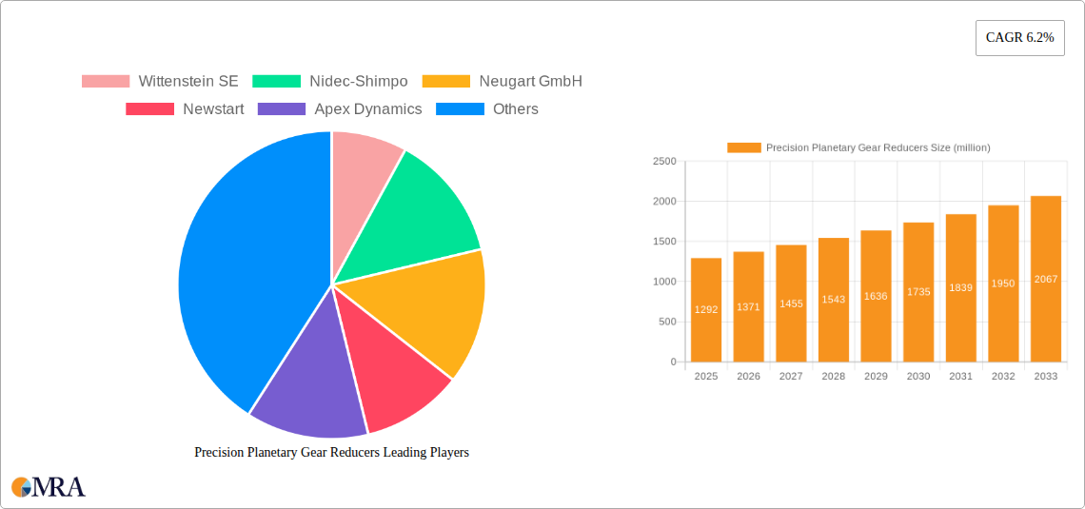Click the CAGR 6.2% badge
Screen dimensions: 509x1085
tap(1019, 37)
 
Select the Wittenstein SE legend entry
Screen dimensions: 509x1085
tap(160, 82)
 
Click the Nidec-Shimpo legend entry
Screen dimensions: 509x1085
tap(330, 82)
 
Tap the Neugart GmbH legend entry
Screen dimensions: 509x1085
tap(502, 82)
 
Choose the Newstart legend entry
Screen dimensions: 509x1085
tap(185, 109)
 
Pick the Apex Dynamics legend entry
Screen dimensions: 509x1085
tap(340, 109)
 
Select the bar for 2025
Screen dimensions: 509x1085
tap(706, 310)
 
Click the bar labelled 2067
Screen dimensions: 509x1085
tap(1046, 279)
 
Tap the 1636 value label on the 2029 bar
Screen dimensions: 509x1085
tap(876, 297)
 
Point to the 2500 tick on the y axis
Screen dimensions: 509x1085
tap(664, 162)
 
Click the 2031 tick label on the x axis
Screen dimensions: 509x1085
tap(960, 377)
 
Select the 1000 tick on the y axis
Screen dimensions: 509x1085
tap(664, 282)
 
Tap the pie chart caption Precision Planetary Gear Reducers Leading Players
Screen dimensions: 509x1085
tap(331, 453)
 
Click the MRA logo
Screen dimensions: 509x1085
tap(49, 487)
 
